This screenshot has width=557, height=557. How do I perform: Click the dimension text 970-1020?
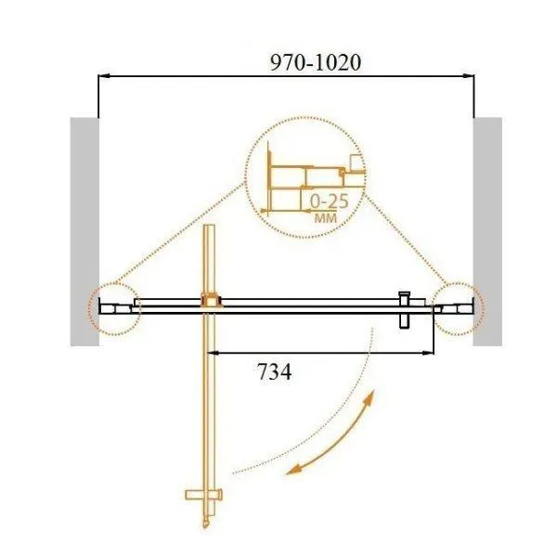pyautogui.click(x=314, y=62)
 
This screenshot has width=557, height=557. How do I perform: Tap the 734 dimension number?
pyautogui.click(x=274, y=373)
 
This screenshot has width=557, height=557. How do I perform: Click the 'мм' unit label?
pyautogui.click(x=324, y=218)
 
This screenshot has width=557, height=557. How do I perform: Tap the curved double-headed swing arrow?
pyautogui.click(x=334, y=436)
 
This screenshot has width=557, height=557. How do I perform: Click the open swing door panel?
pyautogui.click(x=212, y=390)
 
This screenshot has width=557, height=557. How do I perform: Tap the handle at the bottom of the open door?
pyautogui.click(x=209, y=496)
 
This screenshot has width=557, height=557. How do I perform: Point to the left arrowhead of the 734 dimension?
pyautogui.click(x=211, y=353)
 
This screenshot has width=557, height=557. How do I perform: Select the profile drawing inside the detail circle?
pyautogui.click(x=306, y=181)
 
